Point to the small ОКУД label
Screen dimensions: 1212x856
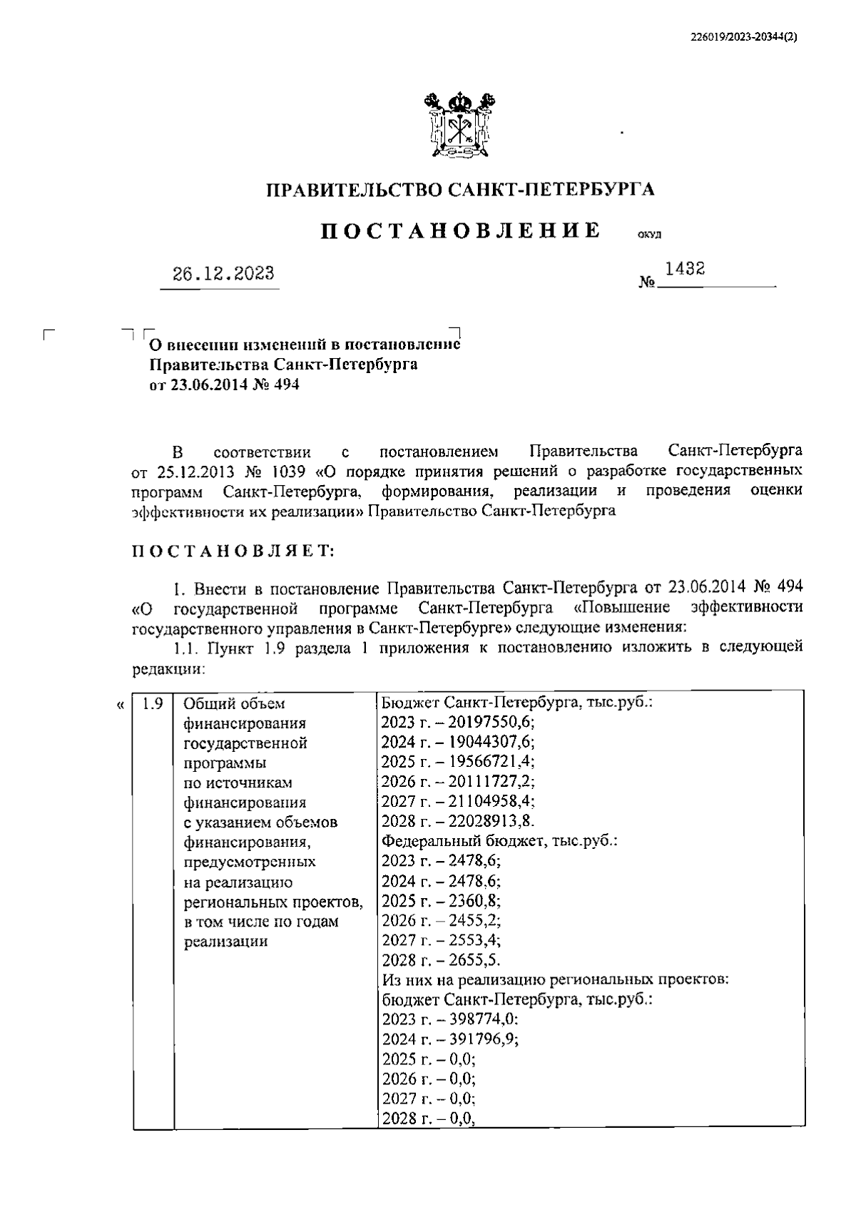click(x=650, y=235)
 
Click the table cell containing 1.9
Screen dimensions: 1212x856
click(x=153, y=704)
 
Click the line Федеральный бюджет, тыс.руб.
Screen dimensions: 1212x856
click(x=499, y=840)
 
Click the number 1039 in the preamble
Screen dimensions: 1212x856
click(x=285, y=472)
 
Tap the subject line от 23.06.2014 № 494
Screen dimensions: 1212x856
click(x=224, y=385)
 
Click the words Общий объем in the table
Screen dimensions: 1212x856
click(x=234, y=704)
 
